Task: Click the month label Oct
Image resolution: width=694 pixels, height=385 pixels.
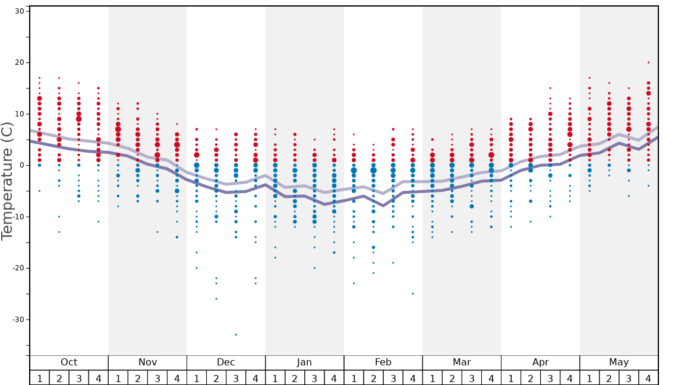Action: pos(69,362)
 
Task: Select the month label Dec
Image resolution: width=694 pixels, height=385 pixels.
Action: pos(226,362)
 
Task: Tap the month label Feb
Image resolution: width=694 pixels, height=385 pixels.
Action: pos(383,362)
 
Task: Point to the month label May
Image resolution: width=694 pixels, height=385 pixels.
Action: pos(619,362)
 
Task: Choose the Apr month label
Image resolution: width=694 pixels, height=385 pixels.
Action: pos(540,362)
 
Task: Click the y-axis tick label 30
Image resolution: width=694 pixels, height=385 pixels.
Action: pos(18,11)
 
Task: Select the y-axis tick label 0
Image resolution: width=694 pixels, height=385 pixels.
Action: pos(21,165)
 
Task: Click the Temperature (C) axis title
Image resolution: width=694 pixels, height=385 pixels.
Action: pos(7,181)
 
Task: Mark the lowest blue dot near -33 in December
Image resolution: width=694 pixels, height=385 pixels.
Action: pos(236,334)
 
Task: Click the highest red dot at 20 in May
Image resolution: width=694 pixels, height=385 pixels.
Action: pos(648,62)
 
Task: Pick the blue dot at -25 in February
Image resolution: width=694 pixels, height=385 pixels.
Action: pos(412,294)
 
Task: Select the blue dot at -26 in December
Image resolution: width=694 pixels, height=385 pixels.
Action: pos(216,298)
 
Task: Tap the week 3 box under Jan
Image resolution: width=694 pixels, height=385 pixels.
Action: pos(314,378)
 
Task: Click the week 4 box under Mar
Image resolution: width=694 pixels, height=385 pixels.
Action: pos(491,378)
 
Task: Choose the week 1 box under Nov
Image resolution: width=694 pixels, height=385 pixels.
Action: pos(118,378)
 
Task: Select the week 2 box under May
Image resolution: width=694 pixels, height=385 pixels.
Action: pos(609,378)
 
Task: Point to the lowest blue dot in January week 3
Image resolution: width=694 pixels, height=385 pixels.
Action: pos(314,268)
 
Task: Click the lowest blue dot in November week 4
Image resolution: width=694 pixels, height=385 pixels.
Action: pos(177,237)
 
